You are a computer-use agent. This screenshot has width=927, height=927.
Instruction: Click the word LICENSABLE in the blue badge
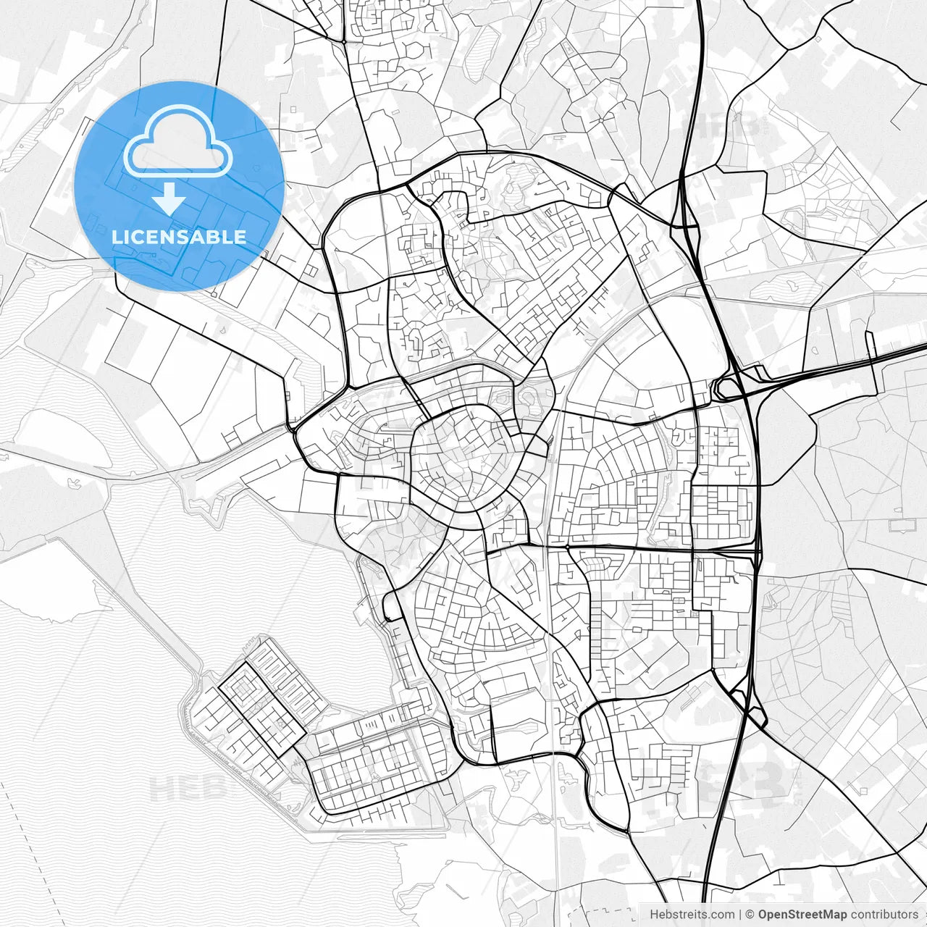(x=179, y=237)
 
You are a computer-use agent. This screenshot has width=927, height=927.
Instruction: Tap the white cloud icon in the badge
(x=178, y=142)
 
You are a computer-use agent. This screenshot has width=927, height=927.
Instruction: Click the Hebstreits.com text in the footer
(x=692, y=915)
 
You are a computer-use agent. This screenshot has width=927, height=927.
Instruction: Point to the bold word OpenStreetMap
(x=802, y=915)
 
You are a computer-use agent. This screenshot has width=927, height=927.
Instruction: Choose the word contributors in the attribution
(x=884, y=915)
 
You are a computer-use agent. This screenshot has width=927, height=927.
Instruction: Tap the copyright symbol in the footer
(x=750, y=915)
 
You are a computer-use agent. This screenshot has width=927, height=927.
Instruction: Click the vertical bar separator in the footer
(x=739, y=915)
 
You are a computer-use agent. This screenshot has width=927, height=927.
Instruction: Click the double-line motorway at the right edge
(x=898, y=352)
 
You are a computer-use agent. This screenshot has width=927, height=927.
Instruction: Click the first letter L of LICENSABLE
(x=116, y=237)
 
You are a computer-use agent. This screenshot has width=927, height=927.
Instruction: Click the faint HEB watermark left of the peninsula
(x=177, y=788)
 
